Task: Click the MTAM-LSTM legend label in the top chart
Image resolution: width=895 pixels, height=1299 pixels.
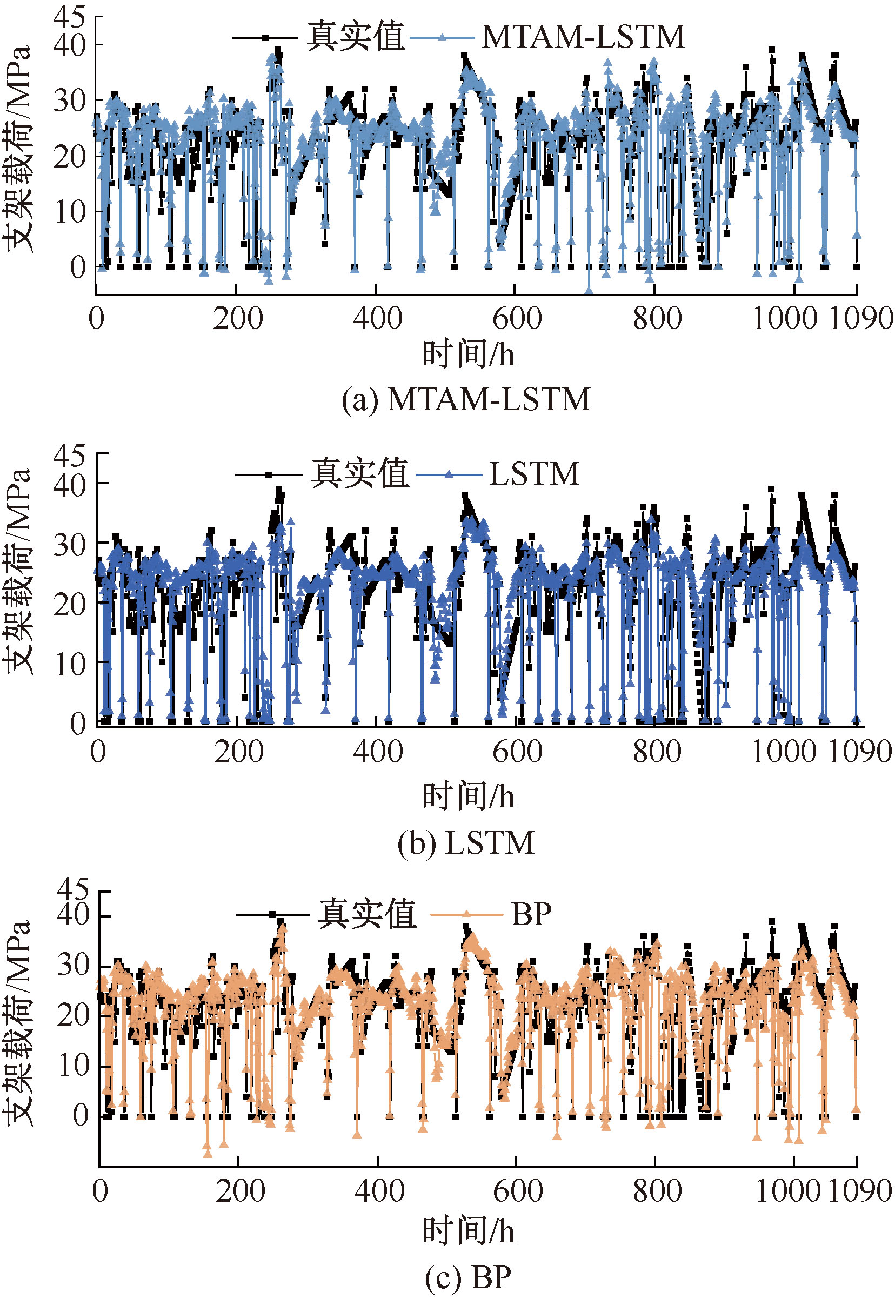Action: coord(583,37)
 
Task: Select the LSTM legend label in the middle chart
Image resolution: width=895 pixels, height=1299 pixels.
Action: coord(534,474)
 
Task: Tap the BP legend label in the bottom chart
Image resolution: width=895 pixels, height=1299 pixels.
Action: coord(531,914)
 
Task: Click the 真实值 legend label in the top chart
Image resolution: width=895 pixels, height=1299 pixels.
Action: coord(356,37)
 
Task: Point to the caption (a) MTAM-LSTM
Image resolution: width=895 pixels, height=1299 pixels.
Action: coord(466,400)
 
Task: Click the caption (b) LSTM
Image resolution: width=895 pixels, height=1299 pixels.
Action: coord(466,842)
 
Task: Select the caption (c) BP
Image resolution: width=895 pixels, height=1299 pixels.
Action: coord(467,1278)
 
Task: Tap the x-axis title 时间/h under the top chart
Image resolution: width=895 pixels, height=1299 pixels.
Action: coord(468,354)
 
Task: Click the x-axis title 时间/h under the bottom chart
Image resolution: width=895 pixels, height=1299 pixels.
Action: coord(468,1230)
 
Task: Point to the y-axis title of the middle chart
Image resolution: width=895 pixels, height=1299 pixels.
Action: coord(17,572)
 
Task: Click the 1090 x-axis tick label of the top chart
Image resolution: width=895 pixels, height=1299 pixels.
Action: coord(860,318)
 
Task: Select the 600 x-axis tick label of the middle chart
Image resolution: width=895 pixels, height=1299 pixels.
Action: coord(517,752)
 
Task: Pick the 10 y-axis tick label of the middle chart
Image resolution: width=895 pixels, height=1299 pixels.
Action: coord(71,664)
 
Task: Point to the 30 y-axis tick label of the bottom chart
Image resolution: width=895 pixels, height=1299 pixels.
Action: coord(74,966)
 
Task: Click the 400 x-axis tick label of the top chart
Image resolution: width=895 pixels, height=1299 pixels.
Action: coord(377,318)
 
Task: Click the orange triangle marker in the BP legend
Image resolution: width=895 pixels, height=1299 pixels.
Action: coord(466,914)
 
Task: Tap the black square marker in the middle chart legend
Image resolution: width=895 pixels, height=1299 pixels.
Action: coord(269,474)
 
